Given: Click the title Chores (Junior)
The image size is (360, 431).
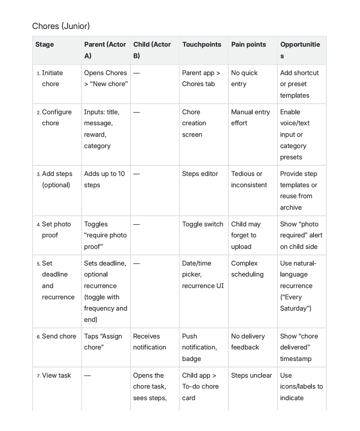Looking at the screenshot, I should [x=61, y=26].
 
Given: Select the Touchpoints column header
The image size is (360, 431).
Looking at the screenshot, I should [x=202, y=45].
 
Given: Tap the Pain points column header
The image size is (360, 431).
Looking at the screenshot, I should [x=249, y=45].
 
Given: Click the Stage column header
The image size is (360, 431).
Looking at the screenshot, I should [x=45, y=45].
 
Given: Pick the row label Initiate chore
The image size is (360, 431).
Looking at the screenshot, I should [x=52, y=78].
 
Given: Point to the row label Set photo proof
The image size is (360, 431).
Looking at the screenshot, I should [x=56, y=230].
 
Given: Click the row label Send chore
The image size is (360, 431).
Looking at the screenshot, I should [x=59, y=336].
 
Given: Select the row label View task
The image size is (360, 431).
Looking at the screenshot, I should [x=56, y=375].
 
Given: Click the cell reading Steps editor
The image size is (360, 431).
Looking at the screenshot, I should [x=200, y=174].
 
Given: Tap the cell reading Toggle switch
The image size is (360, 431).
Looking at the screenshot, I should [x=203, y=224].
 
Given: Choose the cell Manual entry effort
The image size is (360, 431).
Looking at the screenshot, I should [x=250, y=117].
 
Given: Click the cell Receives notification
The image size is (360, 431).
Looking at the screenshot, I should [x=150, y=342].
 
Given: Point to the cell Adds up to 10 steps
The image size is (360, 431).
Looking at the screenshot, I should [x=104, y=179].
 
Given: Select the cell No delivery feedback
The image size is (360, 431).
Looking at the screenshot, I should [x=248, y=342].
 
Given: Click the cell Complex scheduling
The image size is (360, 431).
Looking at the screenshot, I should [x=247, y=269].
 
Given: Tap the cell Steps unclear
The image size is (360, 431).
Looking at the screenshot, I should [x=251, y=375].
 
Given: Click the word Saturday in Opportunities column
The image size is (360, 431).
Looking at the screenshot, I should [x=294, y=308].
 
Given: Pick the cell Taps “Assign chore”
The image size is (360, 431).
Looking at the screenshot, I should [x=103, y=342].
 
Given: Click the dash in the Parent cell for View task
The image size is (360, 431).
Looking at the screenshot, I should [x=88, y=375].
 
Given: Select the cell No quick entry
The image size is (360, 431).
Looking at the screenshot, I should [x=244, y=78].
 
